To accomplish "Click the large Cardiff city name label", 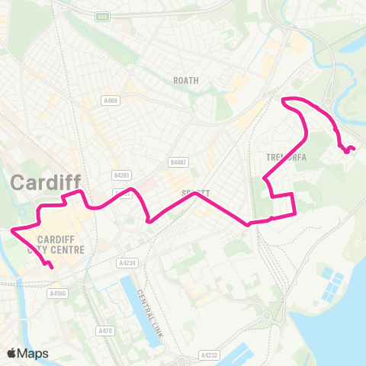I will pyautogui.click(x=47, y=182).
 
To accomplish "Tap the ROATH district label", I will pyautogui.click(x=186, y=79).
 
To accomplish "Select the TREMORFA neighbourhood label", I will pyautogui.click(x=286, y=157).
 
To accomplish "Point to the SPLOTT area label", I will pyautogui.click(x=194, y=194).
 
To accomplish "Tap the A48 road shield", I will pyautogui.click(x=103, y=16).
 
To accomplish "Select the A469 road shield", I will pyautogui.click(x=110, y=99).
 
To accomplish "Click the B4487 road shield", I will pyautogui.click(x=178, y=162).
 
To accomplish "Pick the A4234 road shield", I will pyautogui.click(x=127, y=262).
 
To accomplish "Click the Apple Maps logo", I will pyautogui.click(x=27, y=353).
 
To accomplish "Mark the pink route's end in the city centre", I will pyautogui.click(x=51, y=267).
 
